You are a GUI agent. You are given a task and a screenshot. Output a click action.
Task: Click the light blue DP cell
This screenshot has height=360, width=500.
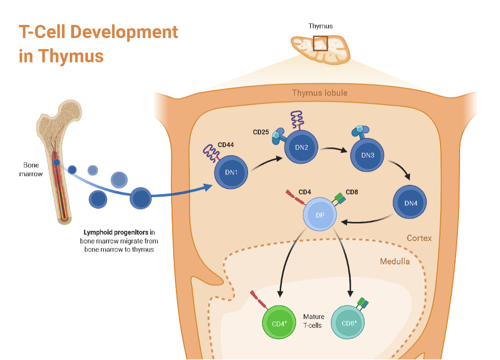pyautogui.click(x=320, y=215)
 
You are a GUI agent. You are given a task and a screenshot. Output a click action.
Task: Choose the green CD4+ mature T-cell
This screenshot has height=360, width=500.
pyautogui.click(x=279, y=323)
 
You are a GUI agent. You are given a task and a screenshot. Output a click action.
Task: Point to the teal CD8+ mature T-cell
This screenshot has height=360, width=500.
pyautogui.click(x=347, y=322)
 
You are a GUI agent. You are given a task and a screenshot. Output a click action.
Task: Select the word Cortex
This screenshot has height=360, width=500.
pyautogui.click(x=419, y=239)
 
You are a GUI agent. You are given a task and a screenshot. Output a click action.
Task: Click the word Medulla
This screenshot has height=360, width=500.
pyautogui.click(x=395, y=261)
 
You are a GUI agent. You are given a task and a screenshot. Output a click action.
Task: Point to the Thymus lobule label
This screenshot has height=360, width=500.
pyautogui.click(x=320, y=93)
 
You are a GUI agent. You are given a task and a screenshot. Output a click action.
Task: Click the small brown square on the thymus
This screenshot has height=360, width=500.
pyautogui.click(x=320, y=43)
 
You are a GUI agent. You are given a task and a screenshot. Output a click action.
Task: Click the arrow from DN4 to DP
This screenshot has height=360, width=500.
pyautogui.click(x=368, y=221)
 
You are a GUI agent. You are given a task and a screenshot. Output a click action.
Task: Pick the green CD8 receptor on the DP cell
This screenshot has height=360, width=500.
pyautogui.click(x=339, y=198)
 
